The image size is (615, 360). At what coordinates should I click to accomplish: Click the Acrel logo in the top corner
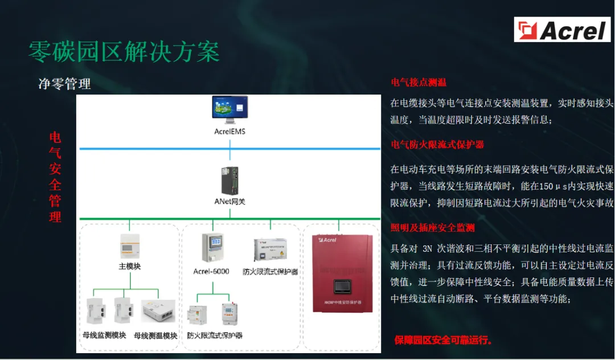(562, 30)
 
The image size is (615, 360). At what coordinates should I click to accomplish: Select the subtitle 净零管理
(64, 84)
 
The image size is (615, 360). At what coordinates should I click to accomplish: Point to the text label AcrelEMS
(229, 132)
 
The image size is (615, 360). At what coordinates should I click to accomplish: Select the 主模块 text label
(129, 265)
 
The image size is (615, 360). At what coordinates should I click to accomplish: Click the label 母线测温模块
(155, 336)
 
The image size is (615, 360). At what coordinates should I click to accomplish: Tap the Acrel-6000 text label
(211, 271)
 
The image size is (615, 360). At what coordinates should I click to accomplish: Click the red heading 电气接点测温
(418, 83)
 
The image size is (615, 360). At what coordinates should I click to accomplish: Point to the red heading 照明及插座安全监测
(433, 228)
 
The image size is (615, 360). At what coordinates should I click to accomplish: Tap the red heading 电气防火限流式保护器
(437, 145)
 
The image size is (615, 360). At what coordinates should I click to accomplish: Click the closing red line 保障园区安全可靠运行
(444, 340)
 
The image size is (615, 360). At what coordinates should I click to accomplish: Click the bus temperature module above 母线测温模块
(158, 311)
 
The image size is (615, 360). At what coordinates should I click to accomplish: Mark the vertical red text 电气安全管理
(55, 177)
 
